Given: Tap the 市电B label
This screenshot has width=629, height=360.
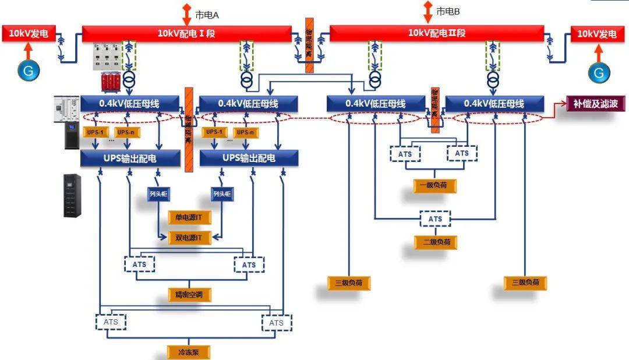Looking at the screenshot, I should point(448,11).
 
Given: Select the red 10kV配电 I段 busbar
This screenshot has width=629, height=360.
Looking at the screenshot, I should point(186,33).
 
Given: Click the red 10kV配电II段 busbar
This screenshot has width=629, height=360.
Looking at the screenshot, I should point(437,33).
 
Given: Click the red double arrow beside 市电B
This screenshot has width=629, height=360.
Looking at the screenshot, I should point(427,9).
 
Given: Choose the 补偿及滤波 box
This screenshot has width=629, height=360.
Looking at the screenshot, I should point(595,104).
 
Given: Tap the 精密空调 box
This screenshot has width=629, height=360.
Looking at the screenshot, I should point(189,294).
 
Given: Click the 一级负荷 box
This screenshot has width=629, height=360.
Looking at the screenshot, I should point(434,186).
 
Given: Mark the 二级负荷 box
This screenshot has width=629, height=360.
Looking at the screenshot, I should point(435,241).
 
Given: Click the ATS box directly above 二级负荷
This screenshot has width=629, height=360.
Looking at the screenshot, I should point(435,219).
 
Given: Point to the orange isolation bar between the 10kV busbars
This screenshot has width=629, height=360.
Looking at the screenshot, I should point(309,44).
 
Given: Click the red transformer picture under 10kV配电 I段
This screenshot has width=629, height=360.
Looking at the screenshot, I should point(109,82).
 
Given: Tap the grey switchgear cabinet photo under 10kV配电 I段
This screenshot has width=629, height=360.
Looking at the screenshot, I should point(109,57).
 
